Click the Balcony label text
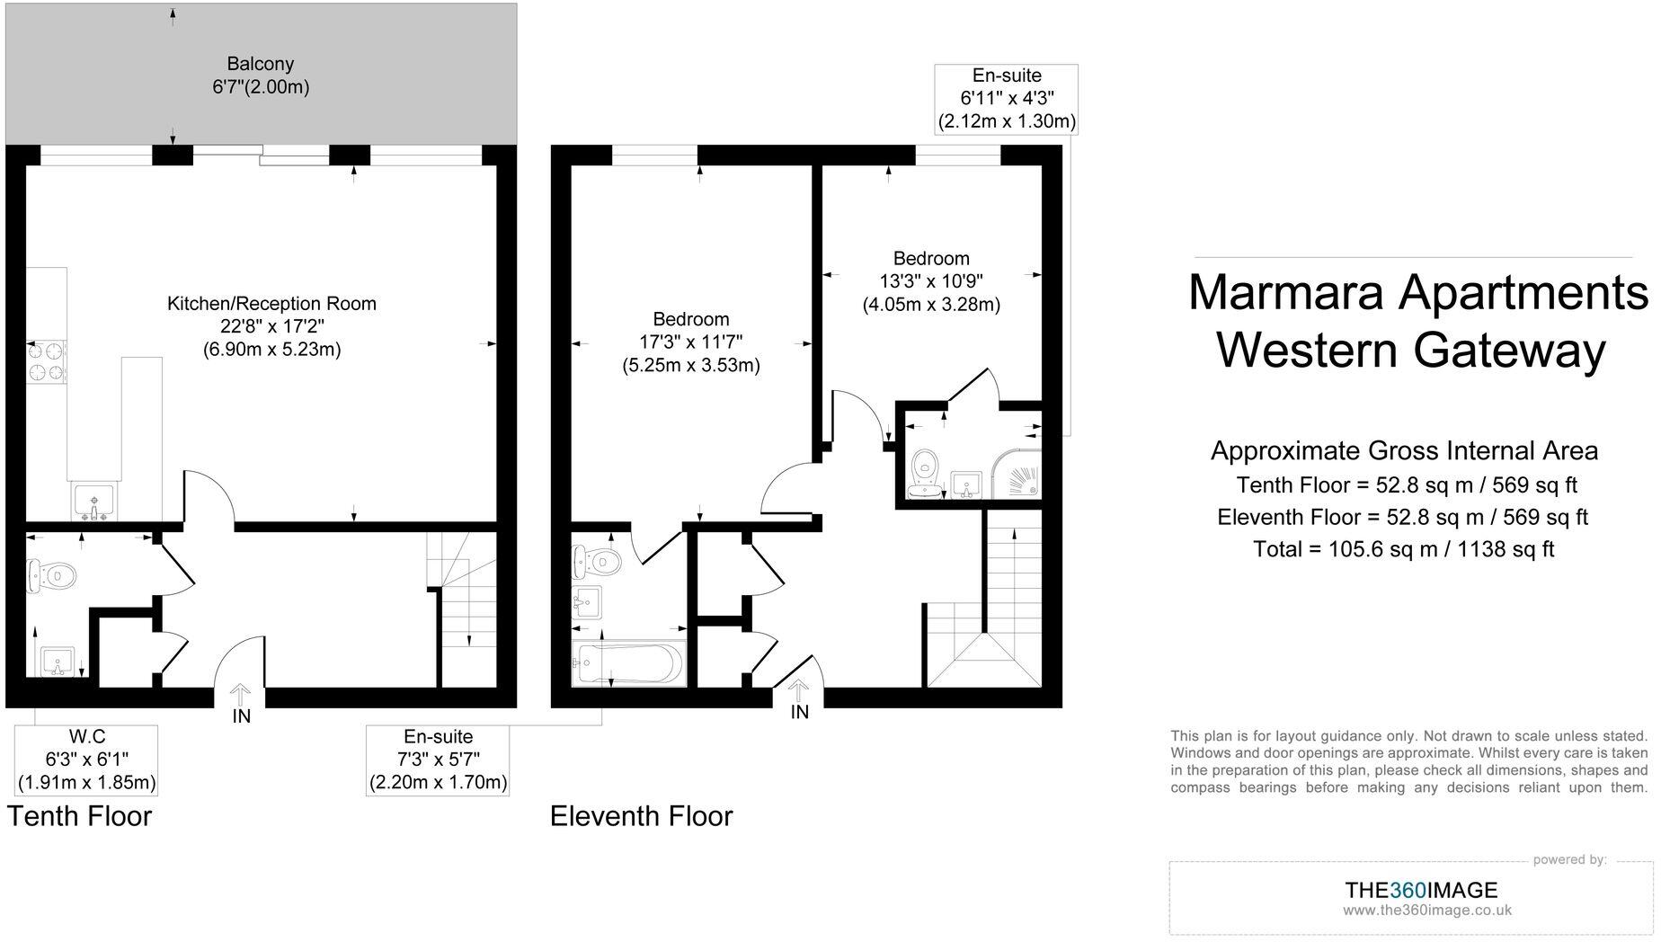click(x=260, y=64)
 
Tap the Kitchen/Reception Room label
click(x=271, y=304)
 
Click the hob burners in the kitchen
click(x=47, y=360)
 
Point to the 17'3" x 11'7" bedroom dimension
click(x=690, y=342)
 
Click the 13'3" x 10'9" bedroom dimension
click(x=931, y=281)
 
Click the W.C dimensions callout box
click(x=86, y=760)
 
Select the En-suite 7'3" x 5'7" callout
click(x=438, y=760)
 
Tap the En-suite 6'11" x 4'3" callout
click(x=1007, y=99)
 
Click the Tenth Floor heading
click(x=79, y=816)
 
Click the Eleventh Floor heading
click(x=641, y=816)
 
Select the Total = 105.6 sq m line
click(x=1403, y=549)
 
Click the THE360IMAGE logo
click(x=1421, y=891)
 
